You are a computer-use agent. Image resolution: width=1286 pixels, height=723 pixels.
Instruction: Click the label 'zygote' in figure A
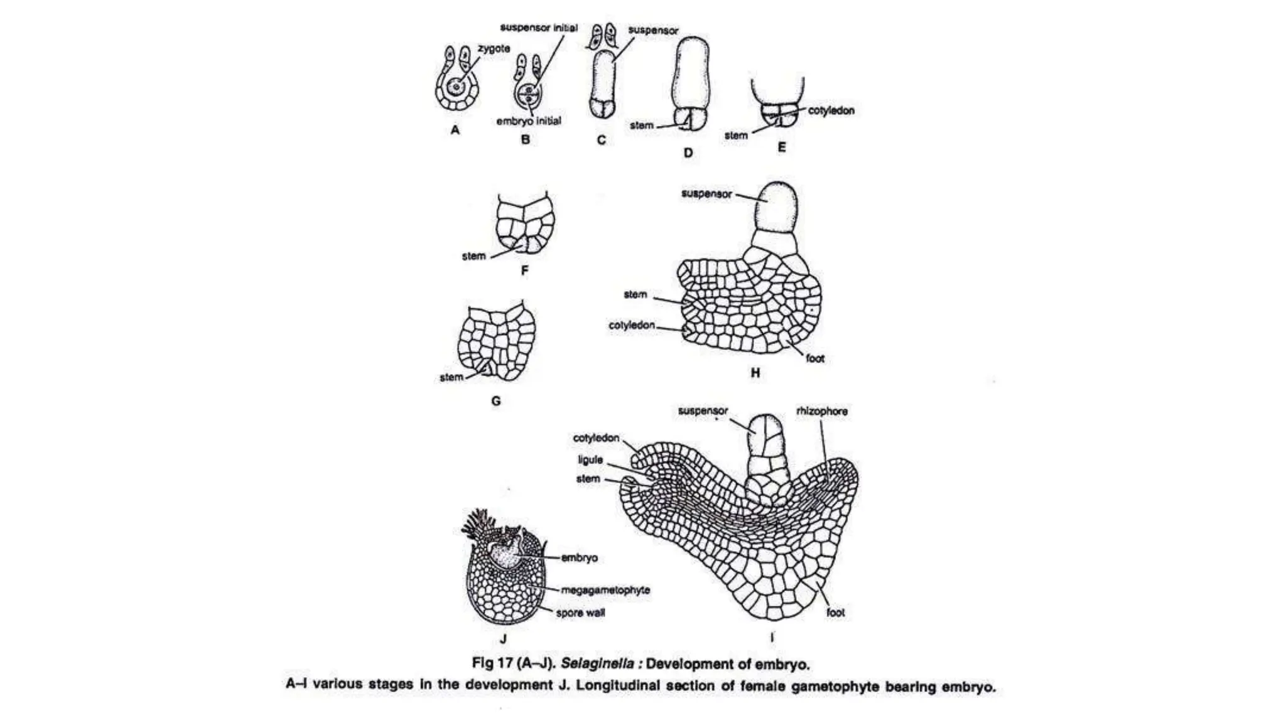494,48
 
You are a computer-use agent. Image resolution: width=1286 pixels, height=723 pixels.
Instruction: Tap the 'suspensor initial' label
539,28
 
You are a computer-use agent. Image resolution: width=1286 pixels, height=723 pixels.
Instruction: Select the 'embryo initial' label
529,121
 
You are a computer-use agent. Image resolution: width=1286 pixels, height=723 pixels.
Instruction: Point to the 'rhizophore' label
821,411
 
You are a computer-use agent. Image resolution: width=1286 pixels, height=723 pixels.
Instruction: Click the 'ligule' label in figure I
590,460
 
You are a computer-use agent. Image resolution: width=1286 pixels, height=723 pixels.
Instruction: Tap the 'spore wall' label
580,613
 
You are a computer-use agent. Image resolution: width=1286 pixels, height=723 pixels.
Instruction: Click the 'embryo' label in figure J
579,557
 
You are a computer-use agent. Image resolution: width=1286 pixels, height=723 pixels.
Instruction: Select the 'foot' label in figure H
815,358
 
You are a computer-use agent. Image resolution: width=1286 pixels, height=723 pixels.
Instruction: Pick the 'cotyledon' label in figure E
831,110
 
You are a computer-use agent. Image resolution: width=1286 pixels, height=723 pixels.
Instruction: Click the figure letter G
496,400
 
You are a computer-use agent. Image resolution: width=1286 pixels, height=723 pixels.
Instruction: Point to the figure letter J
503,639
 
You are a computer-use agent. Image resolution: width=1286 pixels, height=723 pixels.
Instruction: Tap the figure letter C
601,140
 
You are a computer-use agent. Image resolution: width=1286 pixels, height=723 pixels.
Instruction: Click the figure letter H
755,373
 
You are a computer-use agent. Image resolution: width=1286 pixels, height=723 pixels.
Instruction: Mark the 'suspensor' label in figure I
703,411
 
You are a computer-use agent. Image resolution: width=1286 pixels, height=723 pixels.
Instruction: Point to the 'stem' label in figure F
473,256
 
